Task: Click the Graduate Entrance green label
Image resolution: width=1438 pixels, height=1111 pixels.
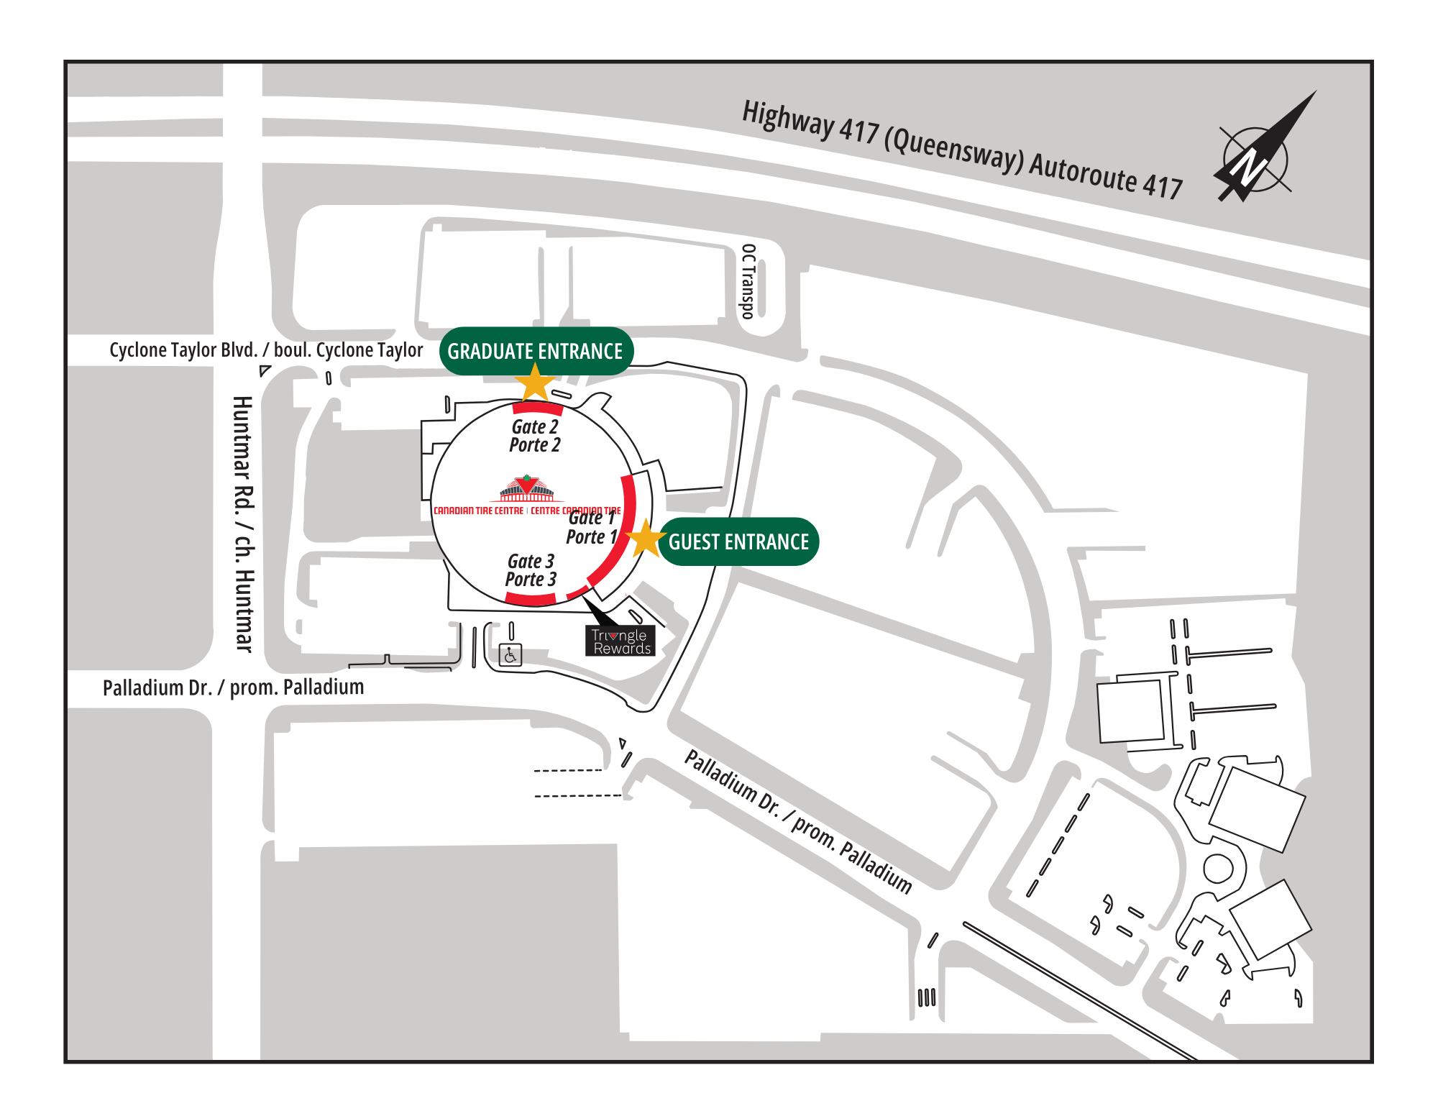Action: [x=536, y=351]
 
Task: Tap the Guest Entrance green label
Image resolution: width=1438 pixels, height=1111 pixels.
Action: [x=738, y=541]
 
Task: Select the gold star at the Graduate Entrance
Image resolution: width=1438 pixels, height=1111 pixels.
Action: [x=535, y=382]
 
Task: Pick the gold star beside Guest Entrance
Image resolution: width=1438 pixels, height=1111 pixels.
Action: [x=646, y=538]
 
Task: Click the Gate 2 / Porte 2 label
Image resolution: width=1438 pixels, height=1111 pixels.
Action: [x=535, y=436]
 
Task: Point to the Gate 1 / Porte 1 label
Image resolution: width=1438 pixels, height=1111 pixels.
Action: [x=592, y=527]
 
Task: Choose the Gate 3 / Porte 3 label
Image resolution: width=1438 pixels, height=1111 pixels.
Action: [x=531, y=570]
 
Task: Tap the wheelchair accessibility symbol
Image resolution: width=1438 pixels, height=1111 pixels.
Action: [x=510, y=655]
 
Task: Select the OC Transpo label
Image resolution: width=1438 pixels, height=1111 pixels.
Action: [x=748, y=281]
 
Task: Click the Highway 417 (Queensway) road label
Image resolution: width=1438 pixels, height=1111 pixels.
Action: [x=963, y=150]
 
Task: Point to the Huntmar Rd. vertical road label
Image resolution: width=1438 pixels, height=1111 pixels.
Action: [x=244, y=524]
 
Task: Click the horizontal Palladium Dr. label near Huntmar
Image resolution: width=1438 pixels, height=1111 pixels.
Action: [x=233, y=687]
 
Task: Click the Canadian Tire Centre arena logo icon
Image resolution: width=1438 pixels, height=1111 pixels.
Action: [x=527, y=489]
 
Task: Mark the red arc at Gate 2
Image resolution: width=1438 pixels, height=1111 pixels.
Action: [x=537, y=408]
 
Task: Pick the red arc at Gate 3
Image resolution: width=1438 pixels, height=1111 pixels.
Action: [x=531, y=599]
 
